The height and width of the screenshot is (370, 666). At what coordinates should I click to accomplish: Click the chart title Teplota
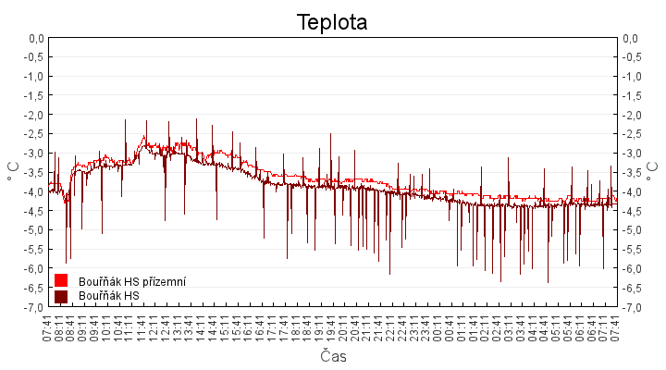[x=332, y=21]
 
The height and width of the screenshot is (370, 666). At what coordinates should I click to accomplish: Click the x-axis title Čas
[x=333, y=356]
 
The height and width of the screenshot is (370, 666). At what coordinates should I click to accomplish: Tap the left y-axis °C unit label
[x=13, y=172]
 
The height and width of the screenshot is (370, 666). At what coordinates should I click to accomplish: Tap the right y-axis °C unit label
[x=653, y=172]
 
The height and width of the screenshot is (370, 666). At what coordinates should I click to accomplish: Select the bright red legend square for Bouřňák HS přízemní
[x=61, y=280]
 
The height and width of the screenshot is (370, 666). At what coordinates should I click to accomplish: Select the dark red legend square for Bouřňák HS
[x=61, y=296]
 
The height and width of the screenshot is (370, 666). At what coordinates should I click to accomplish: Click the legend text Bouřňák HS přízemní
[x=132, y=281]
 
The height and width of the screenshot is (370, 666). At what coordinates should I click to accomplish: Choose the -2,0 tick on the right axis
[x=632, y=115]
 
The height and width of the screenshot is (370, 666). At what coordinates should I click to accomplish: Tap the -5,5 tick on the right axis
[x=632, y=249]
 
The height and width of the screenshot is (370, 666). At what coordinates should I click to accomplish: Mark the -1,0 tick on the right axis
[x=632, y=77]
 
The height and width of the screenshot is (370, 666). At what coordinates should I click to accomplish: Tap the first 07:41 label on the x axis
[x=48, y=328]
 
